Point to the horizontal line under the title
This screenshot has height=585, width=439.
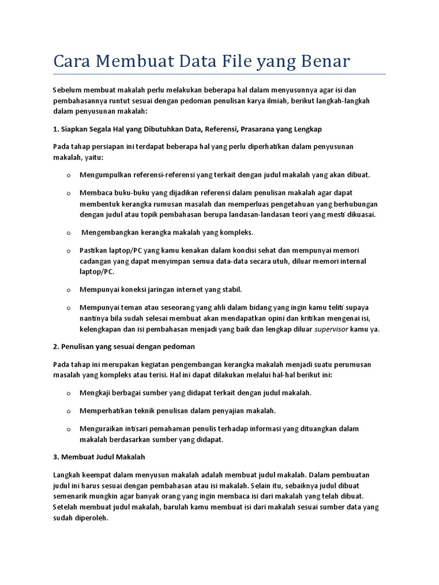click(x=219, y=74)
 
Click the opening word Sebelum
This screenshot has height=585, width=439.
click(x=67, y=90)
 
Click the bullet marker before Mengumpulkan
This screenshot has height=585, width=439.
click(x=68, y=175)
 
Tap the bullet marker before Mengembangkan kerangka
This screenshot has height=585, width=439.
click(x=68, y=234)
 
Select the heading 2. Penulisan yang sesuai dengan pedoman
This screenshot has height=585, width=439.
click(x=124, y=347)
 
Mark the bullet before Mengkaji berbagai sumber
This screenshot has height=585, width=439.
click(x=68, y=394)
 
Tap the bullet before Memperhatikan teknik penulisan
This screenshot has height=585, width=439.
click(x=68, y=411)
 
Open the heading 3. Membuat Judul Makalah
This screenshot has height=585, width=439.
click(x=99, y=457)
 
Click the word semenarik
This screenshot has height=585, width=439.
click(x=71, y=496)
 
